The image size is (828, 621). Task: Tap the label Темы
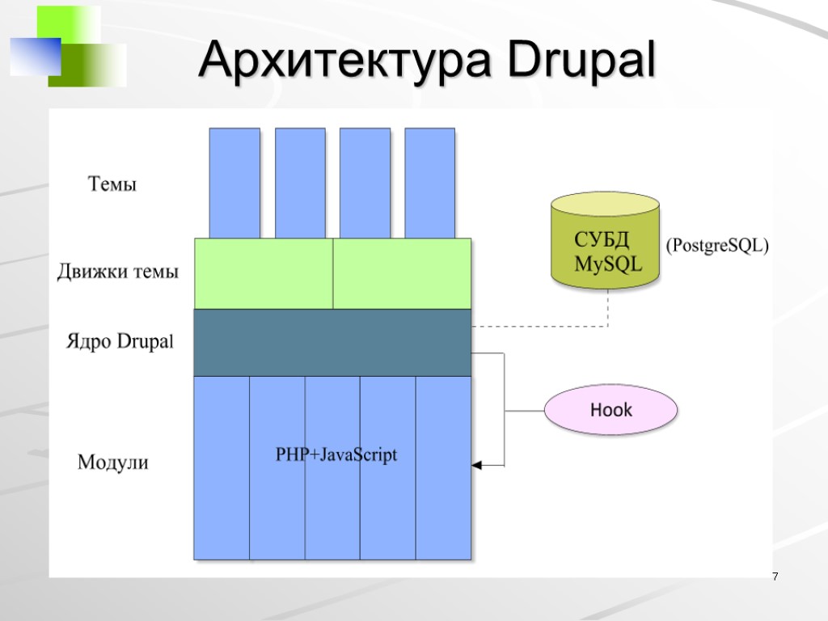[112, 184]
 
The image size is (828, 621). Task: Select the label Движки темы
[117, 272]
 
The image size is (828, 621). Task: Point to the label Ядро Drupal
[120, 342]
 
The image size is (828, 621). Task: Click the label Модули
[113, 463]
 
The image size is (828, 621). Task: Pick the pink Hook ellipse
[610, 410]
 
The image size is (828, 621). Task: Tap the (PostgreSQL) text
[716, 246]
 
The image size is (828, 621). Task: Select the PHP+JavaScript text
[336, 455]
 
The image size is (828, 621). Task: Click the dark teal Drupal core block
[332, 342]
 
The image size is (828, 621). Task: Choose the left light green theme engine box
[263, 273]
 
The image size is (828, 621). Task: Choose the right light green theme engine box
[402, 273]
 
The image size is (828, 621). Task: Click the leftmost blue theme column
[234, 182]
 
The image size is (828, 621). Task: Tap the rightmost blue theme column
[429, 182]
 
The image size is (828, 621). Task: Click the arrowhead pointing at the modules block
[476, 466]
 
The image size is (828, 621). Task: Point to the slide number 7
[775, 577]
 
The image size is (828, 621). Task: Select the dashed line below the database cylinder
[607, 308]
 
